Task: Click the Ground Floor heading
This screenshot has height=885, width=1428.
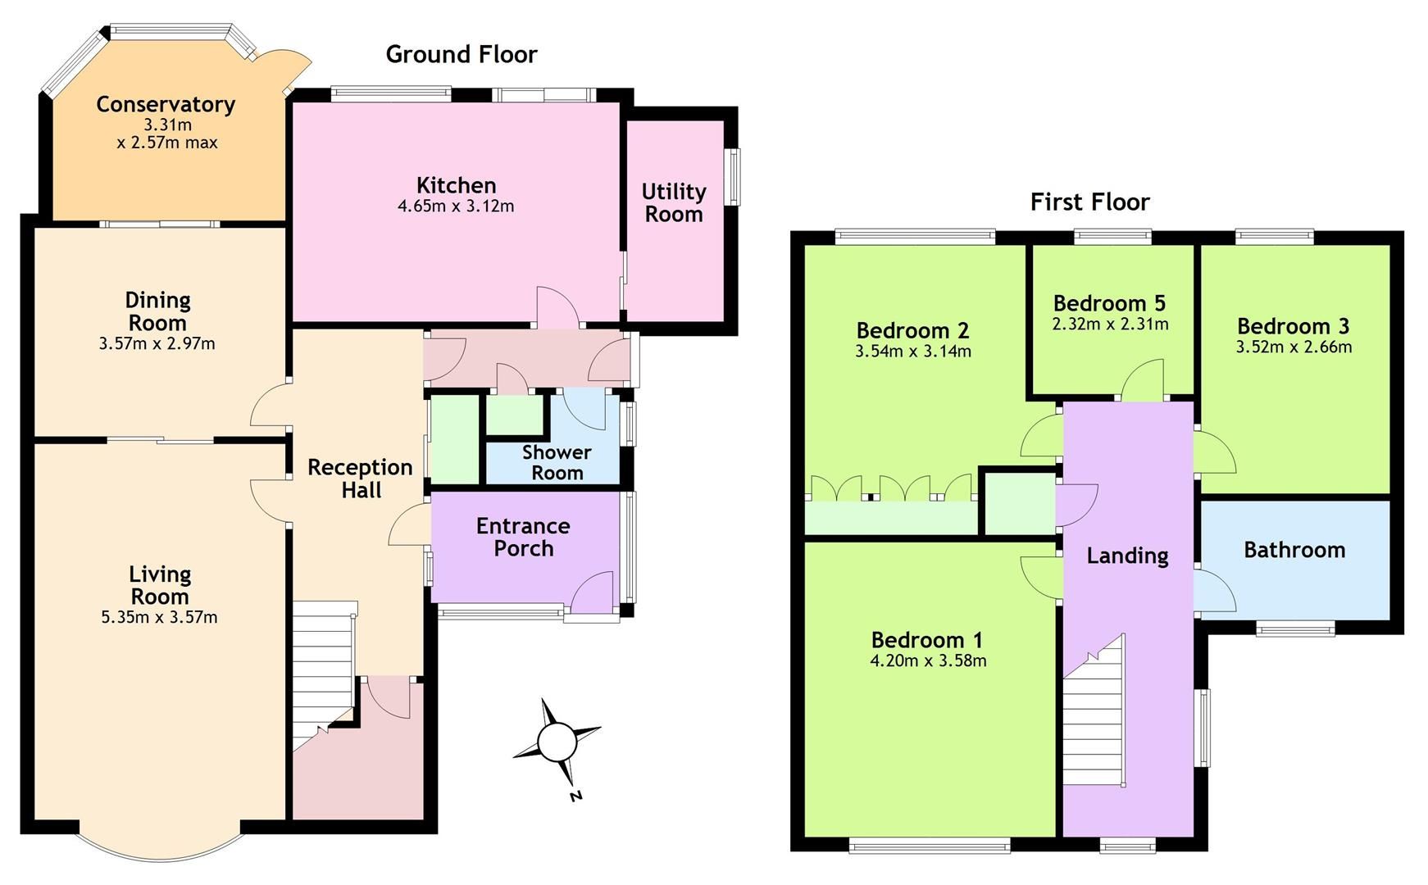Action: (x=462, y=54)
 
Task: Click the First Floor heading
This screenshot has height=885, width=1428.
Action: (x=1089, y=202)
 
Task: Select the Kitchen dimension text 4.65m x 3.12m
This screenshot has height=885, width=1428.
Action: (x=456, y=206)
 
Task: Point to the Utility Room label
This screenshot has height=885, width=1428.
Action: (x=673, y=202)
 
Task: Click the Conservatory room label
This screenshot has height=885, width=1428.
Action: (x=166, y=104)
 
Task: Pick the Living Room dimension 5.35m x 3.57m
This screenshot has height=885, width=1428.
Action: (x=159, y=618)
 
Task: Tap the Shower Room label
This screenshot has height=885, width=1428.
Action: (x=557, y=462)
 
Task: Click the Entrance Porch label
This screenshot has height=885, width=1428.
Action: (x=523, y=537)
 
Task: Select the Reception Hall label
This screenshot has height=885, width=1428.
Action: (x=360, y=479)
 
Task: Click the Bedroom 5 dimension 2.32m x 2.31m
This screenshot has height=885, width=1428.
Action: (x=1110, y=324)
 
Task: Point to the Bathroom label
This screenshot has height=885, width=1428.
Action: (x=1294, y=550)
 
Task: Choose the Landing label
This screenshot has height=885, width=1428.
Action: (x=1127, y=556)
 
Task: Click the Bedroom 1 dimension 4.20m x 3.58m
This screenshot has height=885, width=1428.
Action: (x=928, y=660)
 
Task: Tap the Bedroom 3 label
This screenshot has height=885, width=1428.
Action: (x=1293, y=326)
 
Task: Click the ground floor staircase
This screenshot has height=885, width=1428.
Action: (x=324, y=672)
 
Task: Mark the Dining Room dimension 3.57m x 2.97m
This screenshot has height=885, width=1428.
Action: (x=157, y=344)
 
